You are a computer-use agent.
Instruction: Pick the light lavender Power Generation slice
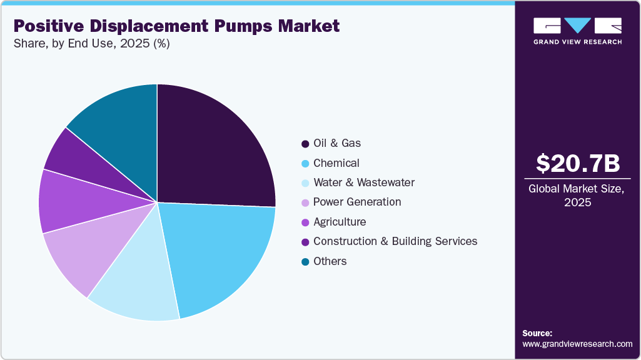click(x=78, y=253)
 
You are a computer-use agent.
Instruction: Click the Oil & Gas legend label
click(x=337, y=143)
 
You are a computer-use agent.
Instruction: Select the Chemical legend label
click(x=336, y=163)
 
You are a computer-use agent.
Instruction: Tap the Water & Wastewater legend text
click(x=364, y=182)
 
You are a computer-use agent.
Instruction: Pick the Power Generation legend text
click(x=357, y=202)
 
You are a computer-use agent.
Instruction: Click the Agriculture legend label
click(x=340, y=222)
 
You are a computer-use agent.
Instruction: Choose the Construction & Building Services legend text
click(x=395, y=241)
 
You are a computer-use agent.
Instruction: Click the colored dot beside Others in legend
click(x=305, y=261)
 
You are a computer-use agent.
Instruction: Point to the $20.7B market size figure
click(x=578, y=164)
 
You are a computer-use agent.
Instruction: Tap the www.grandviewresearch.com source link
click(x=577, y=344)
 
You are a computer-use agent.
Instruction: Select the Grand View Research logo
click(x=577, y=30)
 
